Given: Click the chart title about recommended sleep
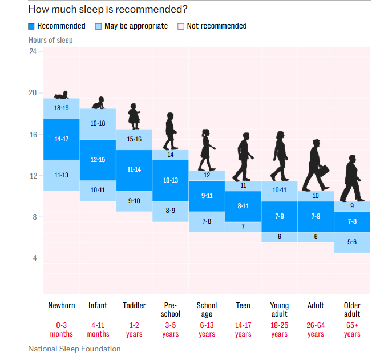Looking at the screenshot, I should [108, 9].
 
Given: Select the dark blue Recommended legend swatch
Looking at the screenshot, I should [31, 26].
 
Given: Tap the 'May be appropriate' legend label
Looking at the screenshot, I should [136, 26].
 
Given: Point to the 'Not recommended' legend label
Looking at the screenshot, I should [217, 26].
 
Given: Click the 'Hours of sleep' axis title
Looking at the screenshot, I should [51, 41].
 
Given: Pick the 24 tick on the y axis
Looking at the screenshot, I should [33, 52].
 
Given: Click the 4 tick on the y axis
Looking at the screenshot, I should [34, 258].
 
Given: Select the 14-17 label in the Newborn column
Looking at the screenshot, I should [62, 139].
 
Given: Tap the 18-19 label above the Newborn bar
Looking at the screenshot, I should [62, 108].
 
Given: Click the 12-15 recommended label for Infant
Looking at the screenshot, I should [98, 160].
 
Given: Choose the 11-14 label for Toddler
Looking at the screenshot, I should [134, 170].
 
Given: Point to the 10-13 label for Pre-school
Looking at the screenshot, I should [171, 180].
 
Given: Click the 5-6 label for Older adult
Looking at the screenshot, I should [352, 242].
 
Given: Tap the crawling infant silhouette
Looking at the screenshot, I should [98, 103].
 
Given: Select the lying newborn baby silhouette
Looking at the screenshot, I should [61, 95].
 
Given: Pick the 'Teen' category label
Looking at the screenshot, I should [243, 306].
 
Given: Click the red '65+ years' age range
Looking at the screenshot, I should [352, 330].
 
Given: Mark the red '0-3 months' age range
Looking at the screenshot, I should [62, 330].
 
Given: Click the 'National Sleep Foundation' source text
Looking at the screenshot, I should [74, 349].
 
